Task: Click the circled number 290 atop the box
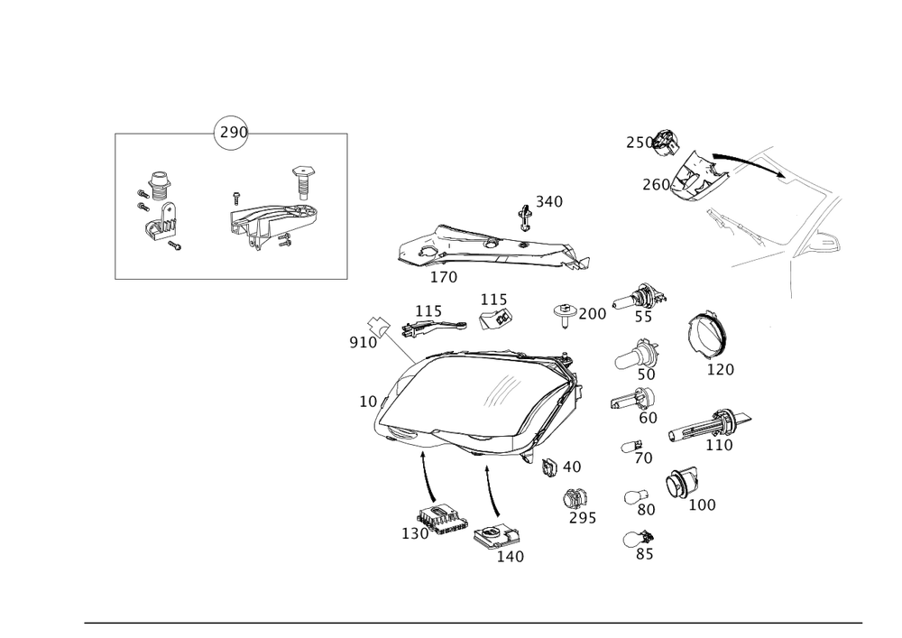click(231, 133)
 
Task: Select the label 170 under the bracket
click(444, 277)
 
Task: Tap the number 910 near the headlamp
click(363, 343)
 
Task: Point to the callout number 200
click(593, 314)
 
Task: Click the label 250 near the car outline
click(638, 143)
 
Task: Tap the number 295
click(582, 518)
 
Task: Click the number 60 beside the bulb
click(648, 417)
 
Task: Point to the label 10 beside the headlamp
click(366, 401)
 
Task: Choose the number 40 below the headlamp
click(571, 467)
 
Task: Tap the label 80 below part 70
click(646, 509)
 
